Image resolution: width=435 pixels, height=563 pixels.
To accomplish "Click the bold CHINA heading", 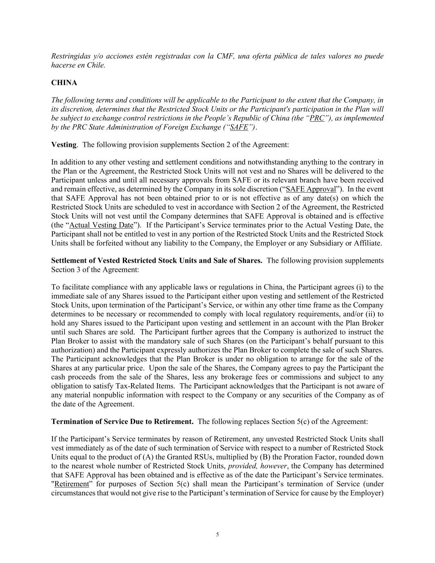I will (64, 82).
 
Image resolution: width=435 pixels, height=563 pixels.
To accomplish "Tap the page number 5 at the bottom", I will (217, 535).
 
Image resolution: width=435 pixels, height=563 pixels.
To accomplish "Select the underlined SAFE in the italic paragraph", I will (239, 127).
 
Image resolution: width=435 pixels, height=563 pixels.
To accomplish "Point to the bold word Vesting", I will (63, 145).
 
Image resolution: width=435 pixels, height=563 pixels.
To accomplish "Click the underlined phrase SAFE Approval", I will (311, 189).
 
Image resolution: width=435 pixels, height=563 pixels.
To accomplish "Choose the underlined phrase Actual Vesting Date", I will (101, 225).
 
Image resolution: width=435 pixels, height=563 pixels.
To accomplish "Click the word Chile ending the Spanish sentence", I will (96, 65).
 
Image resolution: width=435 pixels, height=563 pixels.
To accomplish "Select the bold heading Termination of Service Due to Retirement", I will (122, 422).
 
